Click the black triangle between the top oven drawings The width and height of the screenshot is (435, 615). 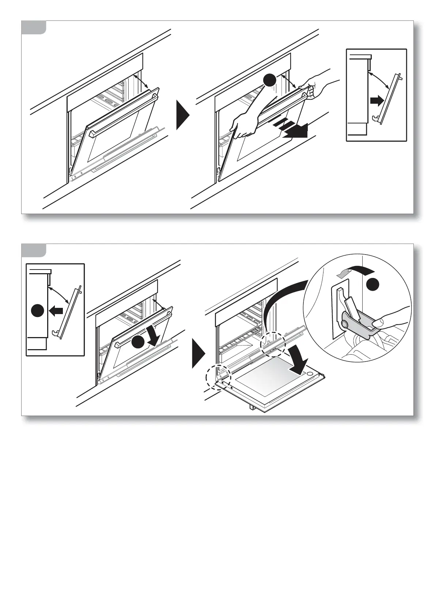(182, 115)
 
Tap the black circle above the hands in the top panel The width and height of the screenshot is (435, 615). (270, 80)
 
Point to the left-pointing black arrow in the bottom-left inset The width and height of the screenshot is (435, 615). (56, 311)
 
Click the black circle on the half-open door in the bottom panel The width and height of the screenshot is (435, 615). (138, 342)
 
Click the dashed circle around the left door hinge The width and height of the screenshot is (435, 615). (218, 377)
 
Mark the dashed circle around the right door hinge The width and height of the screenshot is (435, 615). (272, 344)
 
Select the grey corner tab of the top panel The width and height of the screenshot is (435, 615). (33, 27)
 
